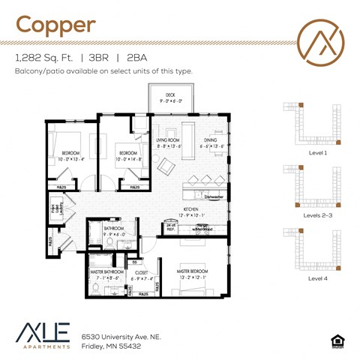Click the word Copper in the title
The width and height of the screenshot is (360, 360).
point(56,24)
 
